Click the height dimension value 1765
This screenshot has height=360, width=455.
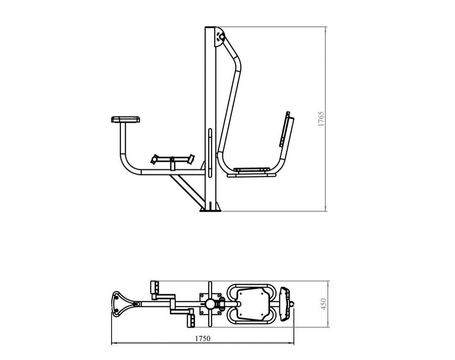click(321, 119)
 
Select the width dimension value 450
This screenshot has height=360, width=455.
click(324, 304)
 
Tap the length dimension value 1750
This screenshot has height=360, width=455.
click(202, 338)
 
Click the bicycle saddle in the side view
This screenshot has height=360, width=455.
click(126, 119)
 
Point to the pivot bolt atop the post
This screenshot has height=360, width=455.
click(221, 37)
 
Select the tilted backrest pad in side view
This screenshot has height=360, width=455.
click(287, 129)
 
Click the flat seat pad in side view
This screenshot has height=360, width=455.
click(252, 169)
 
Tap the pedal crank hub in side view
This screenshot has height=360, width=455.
click(172, 159)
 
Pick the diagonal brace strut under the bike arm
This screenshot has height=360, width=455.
click(187, 190)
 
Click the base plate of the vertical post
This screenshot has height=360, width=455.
click(210, 210)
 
